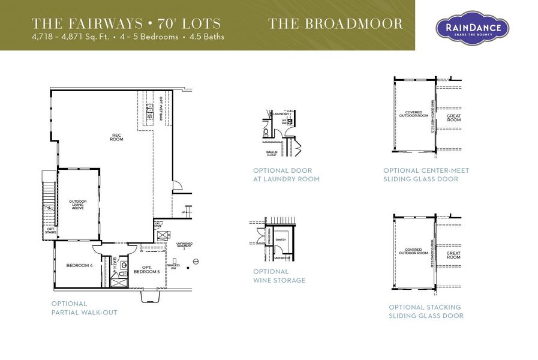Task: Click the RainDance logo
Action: (x=472, y=28)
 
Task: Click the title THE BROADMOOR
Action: (x=335, y=24)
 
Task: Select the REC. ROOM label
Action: (x=116, y=137)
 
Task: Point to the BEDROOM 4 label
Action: (x=79, y=265)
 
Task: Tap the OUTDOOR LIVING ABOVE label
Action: (x=78, y=205)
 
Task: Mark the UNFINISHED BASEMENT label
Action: (x=184, y=246)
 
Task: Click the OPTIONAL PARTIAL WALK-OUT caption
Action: (x=84, y=308)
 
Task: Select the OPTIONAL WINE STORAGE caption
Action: (x=279, y=276)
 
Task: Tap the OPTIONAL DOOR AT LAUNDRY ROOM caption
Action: (x=286, y=175)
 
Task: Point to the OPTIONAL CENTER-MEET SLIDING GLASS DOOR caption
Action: (x=426, y=175)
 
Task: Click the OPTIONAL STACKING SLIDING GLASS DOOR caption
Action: (x=426, y=311)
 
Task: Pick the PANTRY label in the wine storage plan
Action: (x=281, y=239)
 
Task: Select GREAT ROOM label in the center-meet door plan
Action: (x=454, y=118)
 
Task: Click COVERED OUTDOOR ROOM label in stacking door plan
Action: (x=413, y=251)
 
